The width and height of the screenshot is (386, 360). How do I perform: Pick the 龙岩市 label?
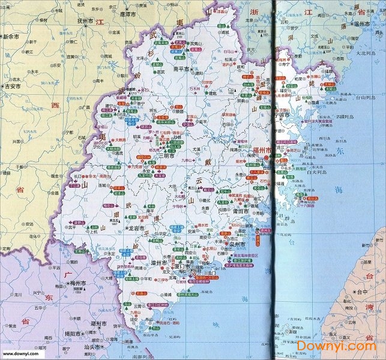(136, 228)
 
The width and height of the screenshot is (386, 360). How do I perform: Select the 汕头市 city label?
(95, 347)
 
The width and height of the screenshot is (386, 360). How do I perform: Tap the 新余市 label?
(12, 37)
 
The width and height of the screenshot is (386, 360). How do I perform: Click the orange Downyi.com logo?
(350, 347)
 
